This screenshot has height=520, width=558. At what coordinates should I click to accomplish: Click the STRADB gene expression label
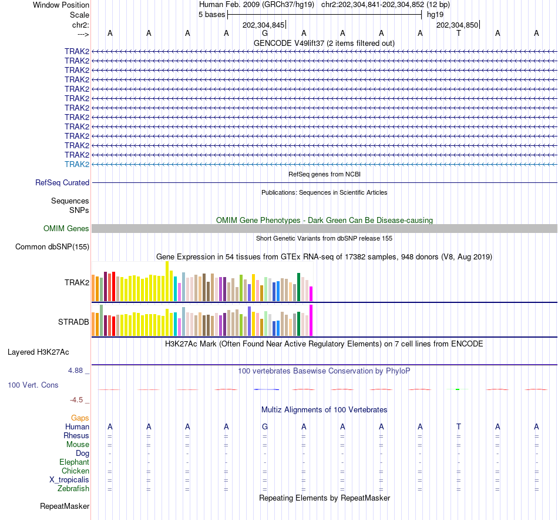coord(73,322)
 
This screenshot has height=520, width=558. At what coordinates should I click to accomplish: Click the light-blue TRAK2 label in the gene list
coord(77,164)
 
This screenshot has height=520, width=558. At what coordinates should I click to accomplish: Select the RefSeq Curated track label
coord(62,183)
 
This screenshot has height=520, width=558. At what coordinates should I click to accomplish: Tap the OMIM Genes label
coord(66,229)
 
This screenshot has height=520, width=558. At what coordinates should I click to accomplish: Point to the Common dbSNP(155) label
coord(52,247)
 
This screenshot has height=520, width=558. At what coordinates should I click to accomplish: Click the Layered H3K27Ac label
coord(38,352)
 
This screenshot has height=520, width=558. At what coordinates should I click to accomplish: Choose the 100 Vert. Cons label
coord(33,385)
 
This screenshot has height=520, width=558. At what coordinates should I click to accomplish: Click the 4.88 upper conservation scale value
coord(76,371)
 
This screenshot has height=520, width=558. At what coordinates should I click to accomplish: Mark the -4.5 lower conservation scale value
coord(76,400)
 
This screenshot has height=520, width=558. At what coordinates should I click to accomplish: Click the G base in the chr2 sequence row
coord(265,33)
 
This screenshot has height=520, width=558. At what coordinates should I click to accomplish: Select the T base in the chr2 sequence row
coord(459,33)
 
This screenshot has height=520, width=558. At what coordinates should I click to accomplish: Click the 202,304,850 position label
coord(457,25)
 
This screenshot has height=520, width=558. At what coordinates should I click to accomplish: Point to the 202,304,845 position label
coord(263,25)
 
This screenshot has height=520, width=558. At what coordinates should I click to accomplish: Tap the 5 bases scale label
coord(211,14)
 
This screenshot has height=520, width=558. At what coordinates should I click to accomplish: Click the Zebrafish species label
coord(73,489)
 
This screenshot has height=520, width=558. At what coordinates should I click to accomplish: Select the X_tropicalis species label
coord(69,480)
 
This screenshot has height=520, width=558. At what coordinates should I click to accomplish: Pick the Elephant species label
coord(74,462)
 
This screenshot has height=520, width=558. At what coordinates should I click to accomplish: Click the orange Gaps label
coord(80,418)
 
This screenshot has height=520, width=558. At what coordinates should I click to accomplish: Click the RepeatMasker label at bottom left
coord(65,506)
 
